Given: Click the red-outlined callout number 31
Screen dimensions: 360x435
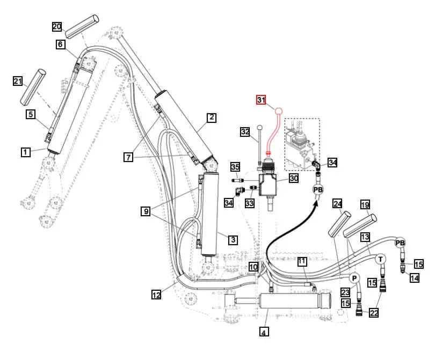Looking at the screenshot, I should point(261,100).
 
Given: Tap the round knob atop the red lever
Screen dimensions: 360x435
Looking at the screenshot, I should point(279,111).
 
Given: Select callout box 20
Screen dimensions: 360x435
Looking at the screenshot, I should point(57,26).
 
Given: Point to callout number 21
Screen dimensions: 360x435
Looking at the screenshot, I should point(18,81).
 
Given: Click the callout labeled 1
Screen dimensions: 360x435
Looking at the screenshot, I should point(25,152).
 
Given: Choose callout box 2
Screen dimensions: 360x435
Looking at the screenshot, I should point(212,117).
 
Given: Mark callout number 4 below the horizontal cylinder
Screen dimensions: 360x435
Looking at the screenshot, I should point(264,333).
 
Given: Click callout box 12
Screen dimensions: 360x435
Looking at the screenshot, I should point(156,294).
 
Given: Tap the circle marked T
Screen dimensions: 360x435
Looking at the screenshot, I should point(380,259).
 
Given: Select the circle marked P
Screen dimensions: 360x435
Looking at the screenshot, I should point(354,278).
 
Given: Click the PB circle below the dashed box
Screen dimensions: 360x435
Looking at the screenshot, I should point(317,189).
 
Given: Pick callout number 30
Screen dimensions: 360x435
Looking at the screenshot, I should point(293,178).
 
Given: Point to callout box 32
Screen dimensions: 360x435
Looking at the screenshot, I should point(245,131).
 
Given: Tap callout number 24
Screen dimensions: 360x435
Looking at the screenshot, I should point(337,204).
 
